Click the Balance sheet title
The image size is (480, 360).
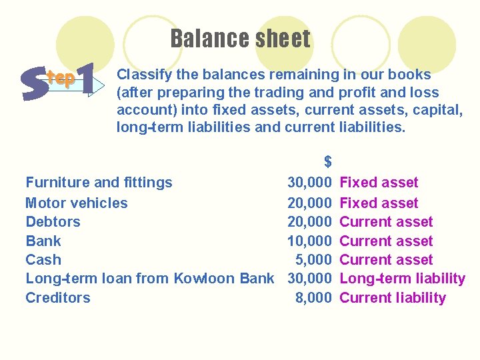tap(240, 39)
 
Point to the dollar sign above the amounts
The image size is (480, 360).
tap(327, 161)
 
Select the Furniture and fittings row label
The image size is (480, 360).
tap(99, 183)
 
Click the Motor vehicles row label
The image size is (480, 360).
tap(76, 203)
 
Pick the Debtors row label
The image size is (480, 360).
tap(53, 222)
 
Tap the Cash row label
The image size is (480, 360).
tap(43, 260)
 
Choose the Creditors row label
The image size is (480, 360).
tap(57, 298)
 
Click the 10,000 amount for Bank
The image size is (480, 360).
tap(309, 241)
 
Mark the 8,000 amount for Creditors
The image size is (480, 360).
tap(313, 298)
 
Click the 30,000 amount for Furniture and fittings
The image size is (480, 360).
tap(309, 183)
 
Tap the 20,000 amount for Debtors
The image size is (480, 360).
tap(309, 222)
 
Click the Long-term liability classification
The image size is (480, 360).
tap(402, 279)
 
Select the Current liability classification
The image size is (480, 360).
tap(393, 298)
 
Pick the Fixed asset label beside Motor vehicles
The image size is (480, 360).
tap(379, 203)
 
